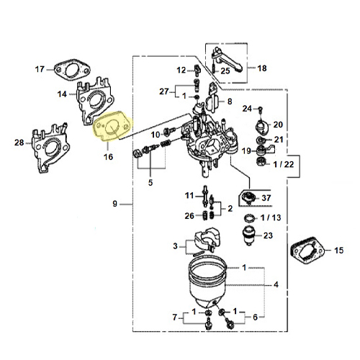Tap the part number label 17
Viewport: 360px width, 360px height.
pyautogui.click(x=40, y=69)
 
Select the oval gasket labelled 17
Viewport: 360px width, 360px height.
pyautogui.click(x=72, y=71)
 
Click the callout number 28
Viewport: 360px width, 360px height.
pyautogui.click(x=19, y=143)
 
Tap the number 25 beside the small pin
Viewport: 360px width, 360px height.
pyautogui.click(x=225, y=71)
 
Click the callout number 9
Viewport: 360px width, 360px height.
pyautogui.click(x=115, y=204)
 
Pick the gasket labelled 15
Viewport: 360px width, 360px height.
pyautogui.click(x=307, y=251)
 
